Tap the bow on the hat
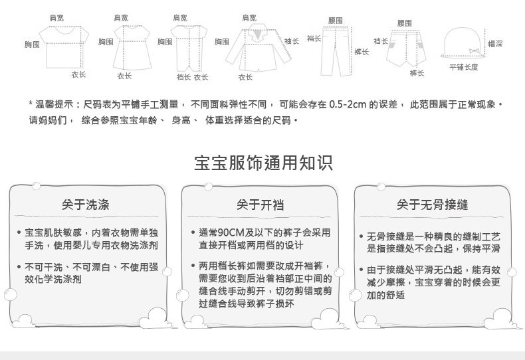coord(473,51)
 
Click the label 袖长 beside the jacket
coord(292,41)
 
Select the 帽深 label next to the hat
coord(495,43)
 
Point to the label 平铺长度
coord(464,67)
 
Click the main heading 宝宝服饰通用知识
coord(263,163)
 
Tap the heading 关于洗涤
coord(86,205)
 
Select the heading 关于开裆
coord(260,205)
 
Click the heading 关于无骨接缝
coord(433,205)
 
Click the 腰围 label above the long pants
coord(336,21)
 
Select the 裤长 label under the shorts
coord(417,73)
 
